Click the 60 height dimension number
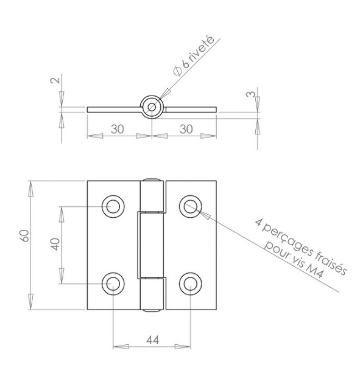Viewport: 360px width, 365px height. [x=24, y=235]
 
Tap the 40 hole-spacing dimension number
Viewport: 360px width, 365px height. [x=55, y=244]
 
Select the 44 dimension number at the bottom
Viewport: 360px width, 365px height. [x=153, y=340]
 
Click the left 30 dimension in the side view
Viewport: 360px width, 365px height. [x=118, y=129]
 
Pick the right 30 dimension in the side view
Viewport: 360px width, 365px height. [x=186, y=129]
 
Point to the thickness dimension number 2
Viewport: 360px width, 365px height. [x=55, y=80]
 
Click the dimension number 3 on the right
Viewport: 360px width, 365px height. [x=250, y=94]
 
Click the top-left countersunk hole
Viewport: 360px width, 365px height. [x=113, y=206]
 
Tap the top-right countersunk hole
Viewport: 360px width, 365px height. [x=191, y=206]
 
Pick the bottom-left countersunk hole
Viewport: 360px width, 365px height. [x=113, y=284]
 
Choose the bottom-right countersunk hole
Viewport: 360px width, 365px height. [x=191, y=284]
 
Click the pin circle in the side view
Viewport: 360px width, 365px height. [x=152, y=107]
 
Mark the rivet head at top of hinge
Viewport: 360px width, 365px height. [x=152, y=180]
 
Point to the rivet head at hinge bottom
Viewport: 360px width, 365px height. [x=152, y=310]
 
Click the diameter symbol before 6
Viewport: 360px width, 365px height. [x=178, y=71]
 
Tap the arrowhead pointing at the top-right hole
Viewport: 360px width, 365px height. [x=205, y=215]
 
